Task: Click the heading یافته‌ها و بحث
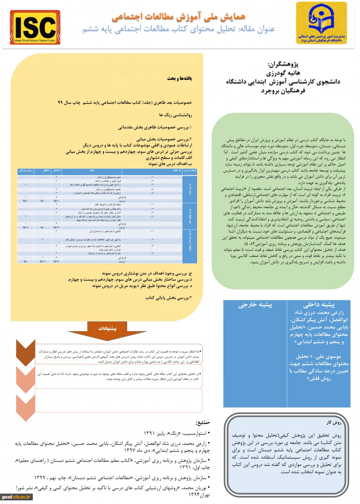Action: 180,78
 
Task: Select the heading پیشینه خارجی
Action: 255,305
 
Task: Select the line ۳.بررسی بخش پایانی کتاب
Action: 168,298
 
